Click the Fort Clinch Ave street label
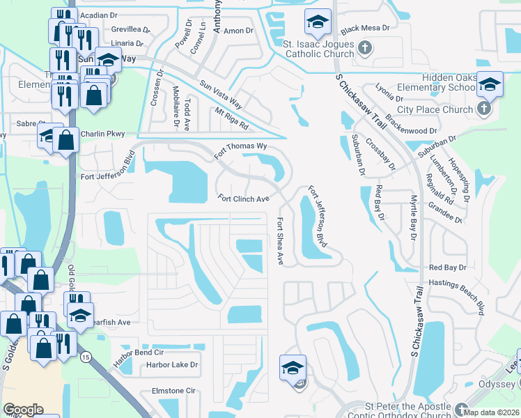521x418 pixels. click(243, 199)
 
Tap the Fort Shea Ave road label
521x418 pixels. click(280, 241)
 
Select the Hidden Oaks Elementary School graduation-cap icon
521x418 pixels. click(490, 84)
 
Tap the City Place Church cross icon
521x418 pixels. click(483, 109)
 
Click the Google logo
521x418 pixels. click(23, 410)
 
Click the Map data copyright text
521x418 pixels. click(492, 412)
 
